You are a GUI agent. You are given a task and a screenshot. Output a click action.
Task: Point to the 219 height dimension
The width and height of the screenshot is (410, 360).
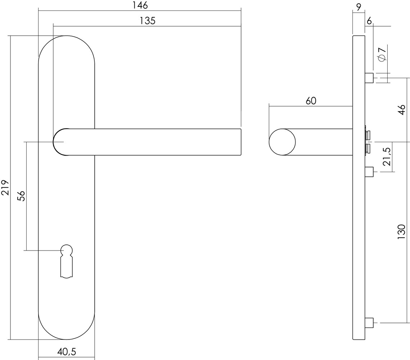pos(5,187)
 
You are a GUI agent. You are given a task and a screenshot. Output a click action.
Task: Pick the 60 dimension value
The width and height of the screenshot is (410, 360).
pos(311,101)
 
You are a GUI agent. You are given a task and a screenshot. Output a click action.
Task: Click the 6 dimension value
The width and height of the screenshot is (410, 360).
pos(369,21)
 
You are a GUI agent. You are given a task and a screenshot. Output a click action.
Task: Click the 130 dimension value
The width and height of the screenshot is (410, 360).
pos(402,232)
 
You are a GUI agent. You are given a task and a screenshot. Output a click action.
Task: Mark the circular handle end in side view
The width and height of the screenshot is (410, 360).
pos(282,142)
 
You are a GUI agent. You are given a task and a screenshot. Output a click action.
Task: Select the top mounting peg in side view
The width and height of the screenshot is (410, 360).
pos(369,78)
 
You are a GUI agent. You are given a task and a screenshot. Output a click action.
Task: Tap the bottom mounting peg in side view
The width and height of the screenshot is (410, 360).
pos(369,323)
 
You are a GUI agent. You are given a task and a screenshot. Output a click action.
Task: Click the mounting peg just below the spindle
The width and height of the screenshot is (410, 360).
pos(369,172)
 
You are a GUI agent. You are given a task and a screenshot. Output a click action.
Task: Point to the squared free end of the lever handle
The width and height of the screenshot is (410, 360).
pos(238,142)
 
